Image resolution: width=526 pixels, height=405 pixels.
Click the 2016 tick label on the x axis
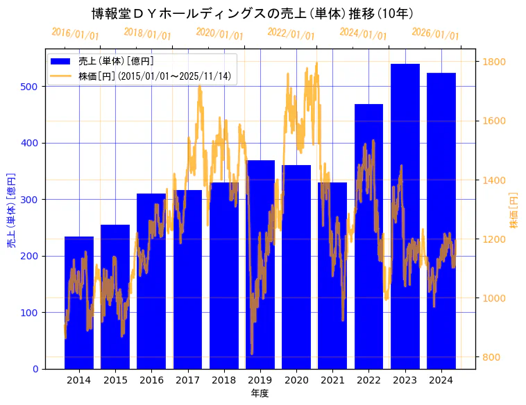[x=151, y=380]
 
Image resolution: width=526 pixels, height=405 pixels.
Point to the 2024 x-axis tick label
[x=441, y=380]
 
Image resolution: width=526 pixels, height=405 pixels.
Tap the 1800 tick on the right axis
[x=495, y=62]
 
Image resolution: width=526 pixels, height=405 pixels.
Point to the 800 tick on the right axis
[x=492, y=358]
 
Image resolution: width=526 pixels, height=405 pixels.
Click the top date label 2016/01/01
[x=76, y=34]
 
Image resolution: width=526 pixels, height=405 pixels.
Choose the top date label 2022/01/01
[x=291, y=34]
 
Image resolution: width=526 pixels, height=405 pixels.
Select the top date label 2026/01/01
[x=436, y=34]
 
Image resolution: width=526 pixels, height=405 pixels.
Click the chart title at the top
[x=253, y=14]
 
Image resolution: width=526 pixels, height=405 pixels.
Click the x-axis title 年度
[x=260, y=393]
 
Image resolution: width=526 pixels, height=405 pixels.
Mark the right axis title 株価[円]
[x=514, y=211]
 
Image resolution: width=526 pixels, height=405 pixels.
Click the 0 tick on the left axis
[x=35, y=369]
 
